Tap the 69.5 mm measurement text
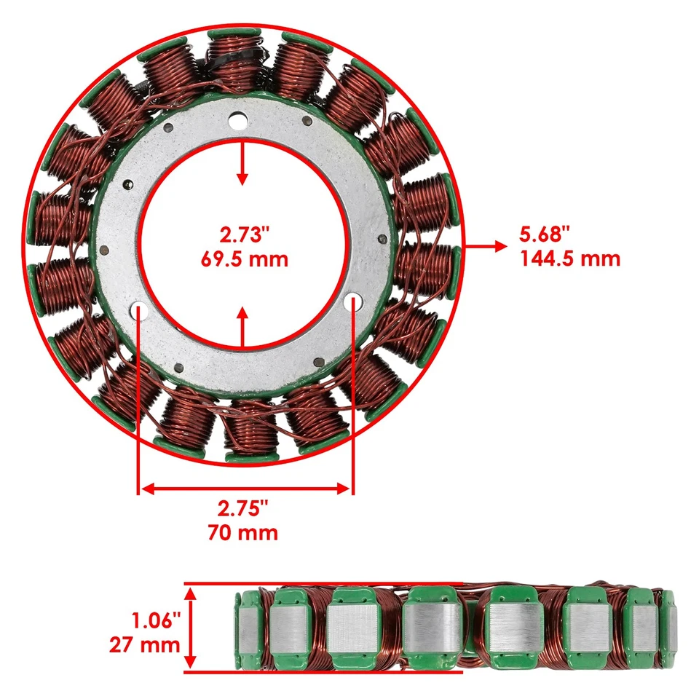coord(245,258)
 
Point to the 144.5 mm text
coord(570,258)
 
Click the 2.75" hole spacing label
coord(245,508)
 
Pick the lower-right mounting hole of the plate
coord(352,301)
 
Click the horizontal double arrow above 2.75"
coord(245,489)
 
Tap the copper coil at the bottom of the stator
coord(250,430)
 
